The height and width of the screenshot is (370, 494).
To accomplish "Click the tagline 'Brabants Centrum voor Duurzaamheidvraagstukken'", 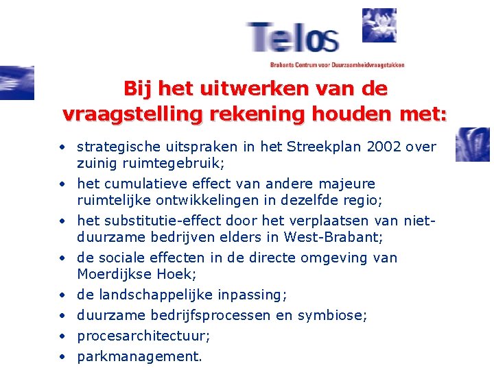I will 337,65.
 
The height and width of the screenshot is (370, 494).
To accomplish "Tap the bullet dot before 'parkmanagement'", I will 62,356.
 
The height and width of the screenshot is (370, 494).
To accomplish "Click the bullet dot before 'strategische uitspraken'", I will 62,147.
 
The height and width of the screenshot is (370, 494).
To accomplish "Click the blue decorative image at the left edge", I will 16,83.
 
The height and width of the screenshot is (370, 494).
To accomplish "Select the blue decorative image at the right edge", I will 473,145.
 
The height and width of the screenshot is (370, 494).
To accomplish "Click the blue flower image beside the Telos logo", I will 379,25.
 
